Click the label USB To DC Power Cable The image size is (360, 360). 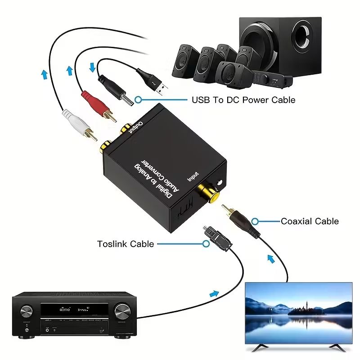point(243,99)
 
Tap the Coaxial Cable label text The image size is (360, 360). point(310,221)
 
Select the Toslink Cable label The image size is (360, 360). point(126,244)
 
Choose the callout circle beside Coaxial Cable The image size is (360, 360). point(255,221)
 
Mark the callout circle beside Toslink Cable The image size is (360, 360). point(206,243)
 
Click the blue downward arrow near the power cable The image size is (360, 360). point(93,67)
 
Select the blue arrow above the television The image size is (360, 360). point(270,258)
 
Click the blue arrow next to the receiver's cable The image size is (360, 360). point(214,293)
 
